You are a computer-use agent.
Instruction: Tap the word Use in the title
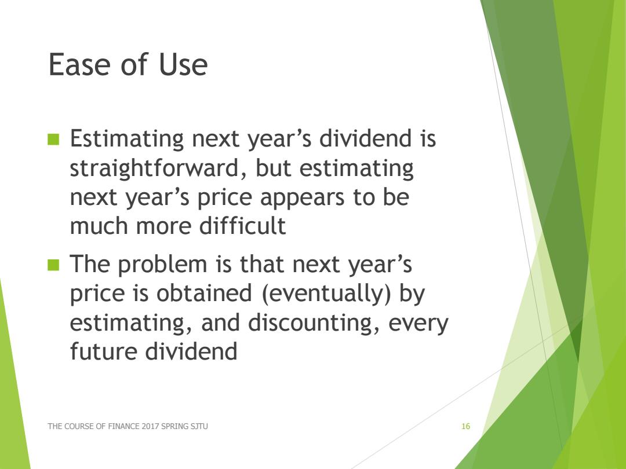(x=183, y=64)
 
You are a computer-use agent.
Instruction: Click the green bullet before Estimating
(x=53, y=139)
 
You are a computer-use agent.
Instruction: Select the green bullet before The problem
(x=53, y=265)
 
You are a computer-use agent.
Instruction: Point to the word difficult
(x=242, y=225)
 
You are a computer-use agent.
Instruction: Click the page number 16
(x=465, y=426)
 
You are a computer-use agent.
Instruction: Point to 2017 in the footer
(x=150, y=426)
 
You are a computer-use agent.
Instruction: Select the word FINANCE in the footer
(x=124, y=426)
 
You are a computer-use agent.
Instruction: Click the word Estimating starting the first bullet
(x=126, y=139)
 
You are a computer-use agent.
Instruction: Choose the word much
(x=100, y=225)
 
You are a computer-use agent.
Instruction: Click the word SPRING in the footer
(x=174, y=426)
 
